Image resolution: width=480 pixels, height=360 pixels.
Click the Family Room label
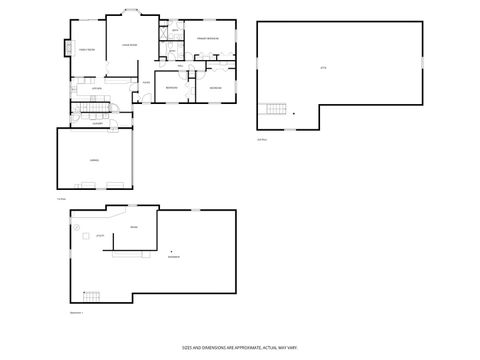click(87, 50)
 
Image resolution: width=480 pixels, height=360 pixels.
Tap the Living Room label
click(128, 46)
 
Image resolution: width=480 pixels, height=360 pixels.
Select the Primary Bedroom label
click(207, 39)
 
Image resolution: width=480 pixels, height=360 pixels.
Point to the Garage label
click(94, 159)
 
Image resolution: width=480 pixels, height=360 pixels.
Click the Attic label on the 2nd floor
click(323, 68)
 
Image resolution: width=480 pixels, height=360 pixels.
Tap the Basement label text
click(174, 257)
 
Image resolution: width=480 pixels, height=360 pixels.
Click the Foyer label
click(146, 82)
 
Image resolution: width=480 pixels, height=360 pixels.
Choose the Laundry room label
click(98, 122)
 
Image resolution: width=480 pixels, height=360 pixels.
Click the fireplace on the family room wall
click(69, 47)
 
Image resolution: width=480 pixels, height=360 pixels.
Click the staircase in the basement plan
click(93, 296)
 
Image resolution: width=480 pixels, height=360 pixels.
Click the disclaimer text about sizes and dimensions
click(239, 347)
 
